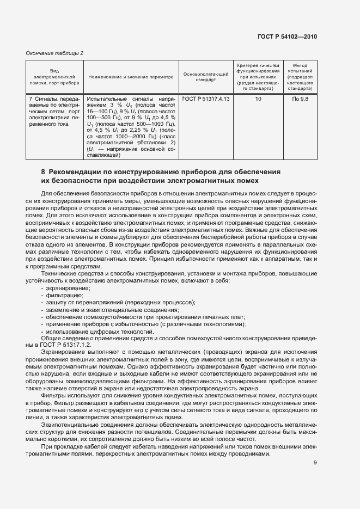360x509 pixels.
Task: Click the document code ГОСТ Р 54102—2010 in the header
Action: point(287,36)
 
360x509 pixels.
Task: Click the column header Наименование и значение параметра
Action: point(130,77)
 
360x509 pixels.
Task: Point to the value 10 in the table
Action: point(258,99)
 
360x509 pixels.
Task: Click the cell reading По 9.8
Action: point(300,99)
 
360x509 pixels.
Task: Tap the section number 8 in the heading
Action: point(43,171)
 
